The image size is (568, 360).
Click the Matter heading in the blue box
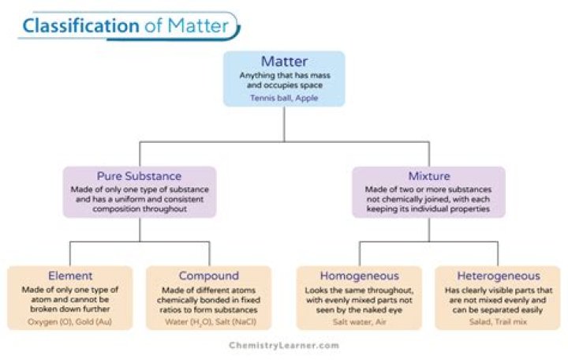283,62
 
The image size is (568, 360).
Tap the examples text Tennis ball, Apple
283,98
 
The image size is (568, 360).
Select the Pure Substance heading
139,175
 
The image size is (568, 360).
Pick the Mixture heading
428,175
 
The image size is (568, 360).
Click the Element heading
71,276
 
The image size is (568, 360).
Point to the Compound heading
208,276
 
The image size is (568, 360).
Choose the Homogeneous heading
359,276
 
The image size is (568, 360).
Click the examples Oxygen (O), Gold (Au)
71,321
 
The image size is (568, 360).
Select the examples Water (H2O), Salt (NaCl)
208,321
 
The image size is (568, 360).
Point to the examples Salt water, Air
359,321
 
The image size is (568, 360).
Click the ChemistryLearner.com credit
283,345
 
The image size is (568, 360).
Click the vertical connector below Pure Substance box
140,229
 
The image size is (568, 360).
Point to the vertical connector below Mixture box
428,229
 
